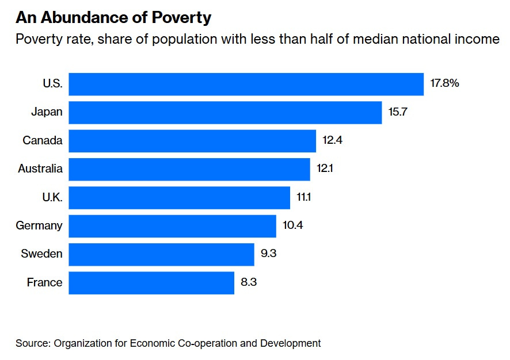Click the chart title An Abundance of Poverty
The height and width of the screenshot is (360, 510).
(x=113, y=18)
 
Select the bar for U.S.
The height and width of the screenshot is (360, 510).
(x=246, y=84)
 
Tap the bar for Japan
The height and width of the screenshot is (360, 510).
(x=225, y=112)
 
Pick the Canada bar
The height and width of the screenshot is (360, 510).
(x=192, y=141)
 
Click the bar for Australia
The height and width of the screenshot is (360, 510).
(x=189, y=169)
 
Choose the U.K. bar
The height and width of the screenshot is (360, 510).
(x=179, y=197)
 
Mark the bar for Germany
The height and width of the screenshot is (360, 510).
(x=172, y=225)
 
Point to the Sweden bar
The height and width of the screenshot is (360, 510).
(x=161, y=254)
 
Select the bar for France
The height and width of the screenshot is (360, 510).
(x=151, y=282)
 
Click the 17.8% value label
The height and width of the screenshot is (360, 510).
(x=444, y=83)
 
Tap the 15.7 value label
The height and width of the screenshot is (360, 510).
(x=398, y=112)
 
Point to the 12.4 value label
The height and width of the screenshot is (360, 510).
(x=333, y=140)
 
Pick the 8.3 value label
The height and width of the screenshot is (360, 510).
(x=248, y=282)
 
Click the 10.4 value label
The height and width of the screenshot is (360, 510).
(x=292, y=225)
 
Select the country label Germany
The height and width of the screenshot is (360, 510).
(x=39, y=225)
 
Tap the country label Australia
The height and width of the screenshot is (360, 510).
(x=40, y=169)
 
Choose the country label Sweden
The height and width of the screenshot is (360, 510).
(x=41, y=254)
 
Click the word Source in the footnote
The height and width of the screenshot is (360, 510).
(x=33, y=343)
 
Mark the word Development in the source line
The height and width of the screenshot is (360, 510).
(x=290, y=343)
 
